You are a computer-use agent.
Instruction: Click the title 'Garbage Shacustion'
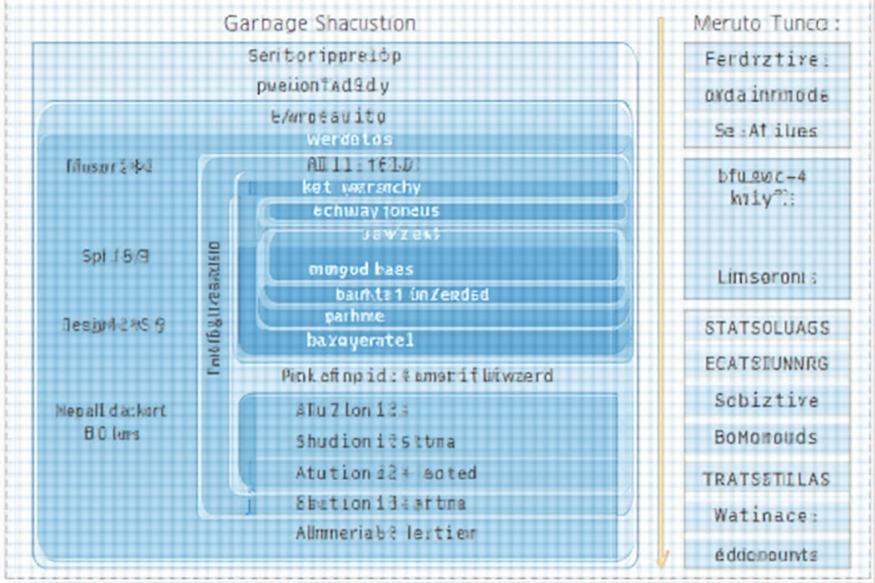(320, 23)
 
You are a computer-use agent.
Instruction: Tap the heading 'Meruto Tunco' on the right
(766, 23)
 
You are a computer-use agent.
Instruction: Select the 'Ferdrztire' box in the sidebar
(766, 60)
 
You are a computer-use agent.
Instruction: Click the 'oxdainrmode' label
(766, 96)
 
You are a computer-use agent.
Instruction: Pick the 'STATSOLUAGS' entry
(766, 328)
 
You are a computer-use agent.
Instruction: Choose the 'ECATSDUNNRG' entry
(766, 364)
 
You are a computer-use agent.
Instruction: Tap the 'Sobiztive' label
(766, 400)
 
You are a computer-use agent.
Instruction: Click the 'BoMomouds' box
(766, 438)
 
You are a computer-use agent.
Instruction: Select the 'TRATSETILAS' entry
(766, 479)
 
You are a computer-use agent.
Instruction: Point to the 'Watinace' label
(766, 516)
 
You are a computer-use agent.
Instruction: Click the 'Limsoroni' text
(766, 277)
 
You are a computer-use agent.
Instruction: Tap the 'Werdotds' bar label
(349, 139)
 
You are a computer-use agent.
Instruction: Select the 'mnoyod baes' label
(361, 270)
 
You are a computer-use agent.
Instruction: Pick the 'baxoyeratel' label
(360, 341)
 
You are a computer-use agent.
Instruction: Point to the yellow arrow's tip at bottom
(661, 563)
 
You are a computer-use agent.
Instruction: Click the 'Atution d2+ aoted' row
(385, 473)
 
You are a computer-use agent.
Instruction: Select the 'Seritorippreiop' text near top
(324, 56)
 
